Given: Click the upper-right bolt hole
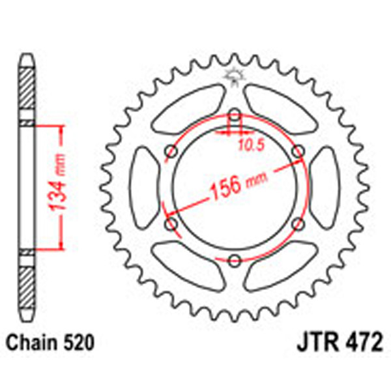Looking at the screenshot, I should point(298,152).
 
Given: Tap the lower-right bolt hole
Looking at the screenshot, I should point(298,224).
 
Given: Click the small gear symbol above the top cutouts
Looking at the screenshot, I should point(233,77).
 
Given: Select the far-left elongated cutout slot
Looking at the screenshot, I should point(147,188).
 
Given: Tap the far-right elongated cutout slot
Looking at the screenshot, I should point(323,188).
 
